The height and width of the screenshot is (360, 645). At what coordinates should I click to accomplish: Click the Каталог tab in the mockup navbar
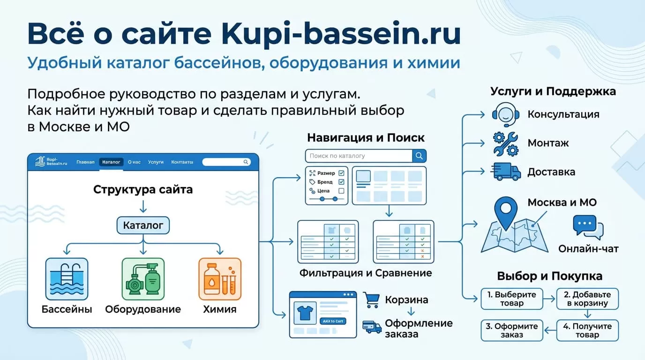(111, 162)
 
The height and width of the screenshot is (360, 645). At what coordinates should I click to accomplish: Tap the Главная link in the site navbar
(85, 162)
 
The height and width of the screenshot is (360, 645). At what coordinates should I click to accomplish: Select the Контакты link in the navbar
(182, 162)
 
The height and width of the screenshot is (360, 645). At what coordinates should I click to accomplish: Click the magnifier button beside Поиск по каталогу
(419, 156)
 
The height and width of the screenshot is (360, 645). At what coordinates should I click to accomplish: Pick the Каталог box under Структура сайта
(143, 225)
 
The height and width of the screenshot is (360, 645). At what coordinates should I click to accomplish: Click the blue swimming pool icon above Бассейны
(67, 278)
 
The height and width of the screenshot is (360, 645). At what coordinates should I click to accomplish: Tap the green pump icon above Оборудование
(143, 278)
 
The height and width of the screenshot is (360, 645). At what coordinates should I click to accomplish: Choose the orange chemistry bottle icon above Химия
(220, 278)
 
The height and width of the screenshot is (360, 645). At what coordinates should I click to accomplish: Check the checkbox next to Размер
(341, 173)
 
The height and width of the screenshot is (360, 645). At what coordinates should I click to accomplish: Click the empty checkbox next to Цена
(341, 191)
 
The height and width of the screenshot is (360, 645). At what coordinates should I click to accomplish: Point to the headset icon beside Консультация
(505, 114)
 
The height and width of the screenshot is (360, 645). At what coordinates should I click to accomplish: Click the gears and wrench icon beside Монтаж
(505, 143)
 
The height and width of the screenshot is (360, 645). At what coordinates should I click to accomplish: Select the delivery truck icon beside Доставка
(506, 172)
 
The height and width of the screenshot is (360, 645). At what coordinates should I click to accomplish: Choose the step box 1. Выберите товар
(511, 299)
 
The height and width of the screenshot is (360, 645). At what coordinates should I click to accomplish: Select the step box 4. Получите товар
(587, 330)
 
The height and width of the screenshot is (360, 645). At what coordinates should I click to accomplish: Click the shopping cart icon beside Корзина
(371, 300)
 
